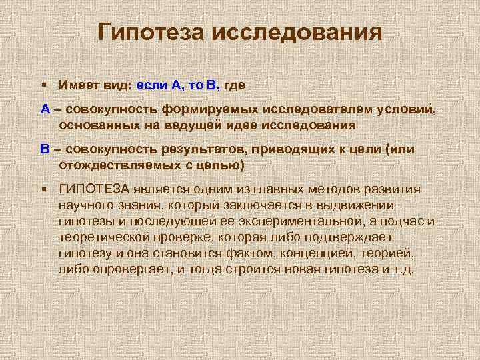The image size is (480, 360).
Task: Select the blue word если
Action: pyautogui.click(x=153, y=85)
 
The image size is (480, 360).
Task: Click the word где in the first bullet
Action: pyautogui.click(x=235, y=85)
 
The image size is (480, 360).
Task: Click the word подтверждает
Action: pyautogui.click(x=343, y=237)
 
